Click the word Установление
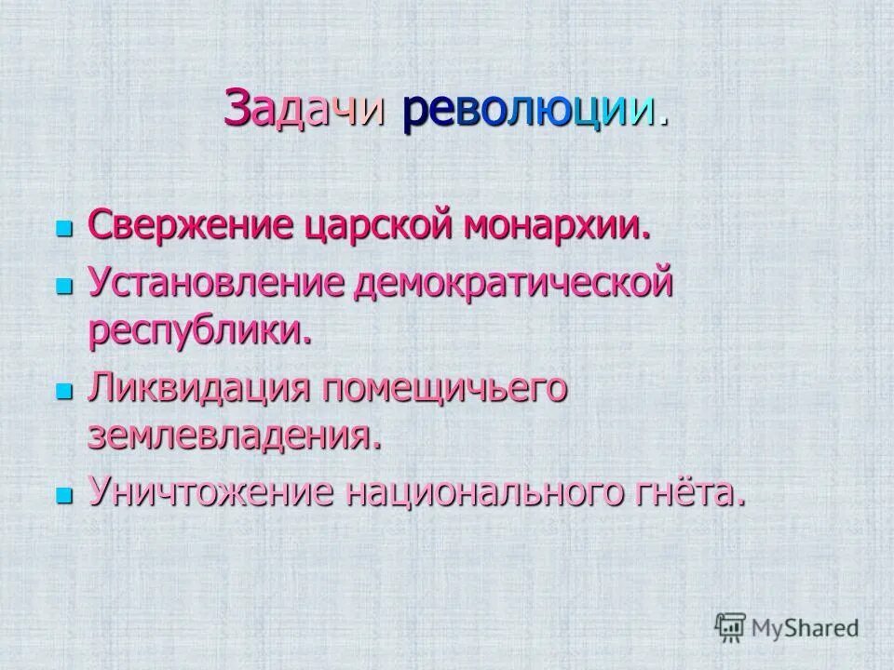point(216,282)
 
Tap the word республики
point(199,331)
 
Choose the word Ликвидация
point(197,387)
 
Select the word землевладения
point(235,436)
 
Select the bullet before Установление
point(64,284)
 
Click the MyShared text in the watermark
point(807,628)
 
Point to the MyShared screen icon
point(731,626)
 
